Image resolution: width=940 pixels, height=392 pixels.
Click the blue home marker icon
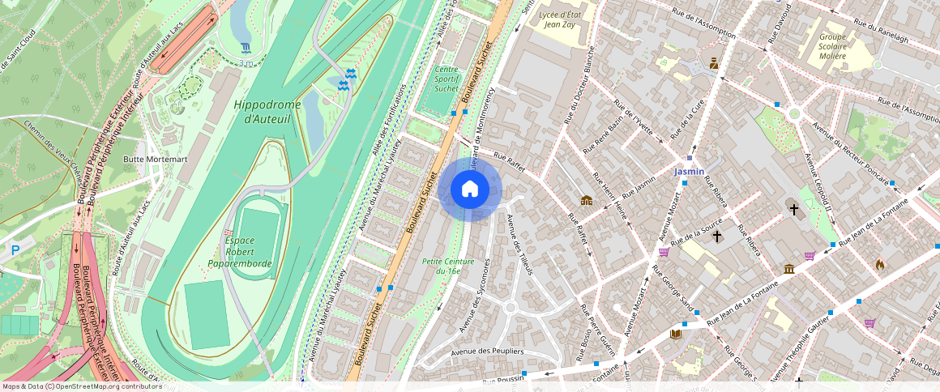click(x=470, y=190)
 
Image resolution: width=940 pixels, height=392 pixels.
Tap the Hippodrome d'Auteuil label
click(x=267, y=112)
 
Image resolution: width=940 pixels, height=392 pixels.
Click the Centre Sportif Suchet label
click(x=446, y=79)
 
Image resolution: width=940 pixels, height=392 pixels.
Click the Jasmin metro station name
click(x=690, y=172)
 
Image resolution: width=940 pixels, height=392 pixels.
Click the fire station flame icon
click(x=880, y=264)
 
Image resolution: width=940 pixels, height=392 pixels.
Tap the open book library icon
click(x=676, y=333)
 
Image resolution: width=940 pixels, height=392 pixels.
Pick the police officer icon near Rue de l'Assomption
click(x=714, y=63)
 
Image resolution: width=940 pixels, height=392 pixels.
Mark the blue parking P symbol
click(x=15, y=251)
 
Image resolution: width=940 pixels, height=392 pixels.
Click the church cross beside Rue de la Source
click(x=717, y=236)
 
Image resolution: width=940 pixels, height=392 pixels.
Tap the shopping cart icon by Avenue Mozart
click(x=664, y=252)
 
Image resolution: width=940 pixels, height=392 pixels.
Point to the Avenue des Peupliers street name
click(x=486, y=351)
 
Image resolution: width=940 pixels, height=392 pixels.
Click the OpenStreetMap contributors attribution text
click(x=82, y=386)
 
